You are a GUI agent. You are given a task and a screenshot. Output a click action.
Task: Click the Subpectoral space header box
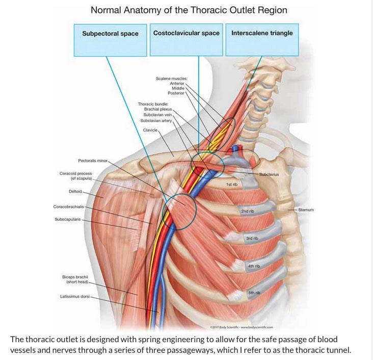pos(110,34)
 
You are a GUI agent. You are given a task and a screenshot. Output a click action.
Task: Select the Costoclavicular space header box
pos(186,33)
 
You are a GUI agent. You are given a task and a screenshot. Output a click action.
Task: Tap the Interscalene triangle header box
pos(262,33)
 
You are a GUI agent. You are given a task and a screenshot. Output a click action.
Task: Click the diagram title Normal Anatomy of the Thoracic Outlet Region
pos(189,10)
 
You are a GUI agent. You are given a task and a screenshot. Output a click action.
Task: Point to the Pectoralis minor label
pos(92,160)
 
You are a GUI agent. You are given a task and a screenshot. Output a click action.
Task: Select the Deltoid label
pos(75,191)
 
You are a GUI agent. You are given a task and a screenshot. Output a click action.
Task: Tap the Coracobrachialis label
pos(68,207)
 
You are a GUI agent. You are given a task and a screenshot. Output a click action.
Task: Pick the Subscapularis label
pos(67,220)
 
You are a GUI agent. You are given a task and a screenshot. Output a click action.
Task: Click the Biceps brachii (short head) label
pos(74,279)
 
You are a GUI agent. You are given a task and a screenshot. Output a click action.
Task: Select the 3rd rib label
pos(252,238)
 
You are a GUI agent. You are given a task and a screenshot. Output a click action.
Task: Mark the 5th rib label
pos(254,293)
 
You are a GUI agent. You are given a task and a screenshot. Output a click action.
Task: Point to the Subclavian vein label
pos(158,115)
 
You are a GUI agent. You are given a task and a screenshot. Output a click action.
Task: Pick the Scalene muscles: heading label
pos(172,79)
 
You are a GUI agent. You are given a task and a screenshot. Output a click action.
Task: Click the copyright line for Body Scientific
pos(242,327)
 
